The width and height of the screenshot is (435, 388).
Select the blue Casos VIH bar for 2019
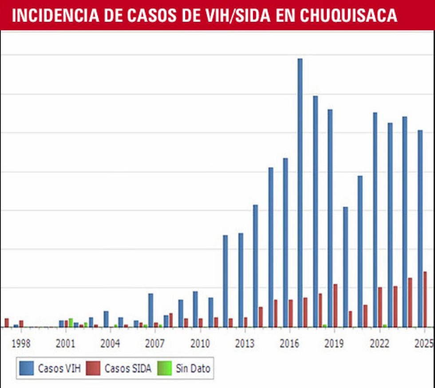[x=330, y=218]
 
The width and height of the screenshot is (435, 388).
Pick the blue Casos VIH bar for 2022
[x=375, y=219]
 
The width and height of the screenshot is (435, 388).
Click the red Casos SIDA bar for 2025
[x=425, y=299]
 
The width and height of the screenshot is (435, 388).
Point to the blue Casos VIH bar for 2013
[x=241, y=280]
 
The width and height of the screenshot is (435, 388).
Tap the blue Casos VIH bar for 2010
[x=195, y=309]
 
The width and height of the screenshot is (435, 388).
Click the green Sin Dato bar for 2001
[x=71, y=322]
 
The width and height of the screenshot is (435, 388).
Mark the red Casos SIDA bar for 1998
[x=21, y=324]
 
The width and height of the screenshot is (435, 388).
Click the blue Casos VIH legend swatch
[x=27, y=368]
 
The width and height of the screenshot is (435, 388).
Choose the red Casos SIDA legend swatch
[x=94, y=368]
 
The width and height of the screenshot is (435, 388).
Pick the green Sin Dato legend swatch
[x=165, y=368]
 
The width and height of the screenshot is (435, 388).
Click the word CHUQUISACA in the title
[x=348, y=16]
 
